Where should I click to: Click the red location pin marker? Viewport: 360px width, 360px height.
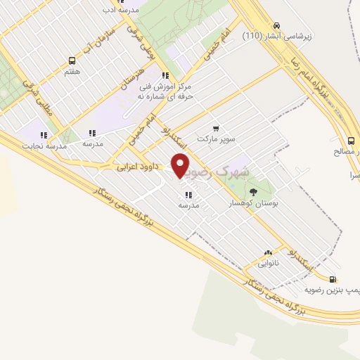181,165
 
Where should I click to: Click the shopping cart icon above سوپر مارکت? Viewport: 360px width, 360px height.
216,129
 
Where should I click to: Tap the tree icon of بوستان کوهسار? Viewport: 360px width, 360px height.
254,191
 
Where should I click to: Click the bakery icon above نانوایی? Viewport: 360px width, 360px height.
268,252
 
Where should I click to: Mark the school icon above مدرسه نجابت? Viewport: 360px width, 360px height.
44,134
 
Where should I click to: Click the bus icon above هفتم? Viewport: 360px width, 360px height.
72,60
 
